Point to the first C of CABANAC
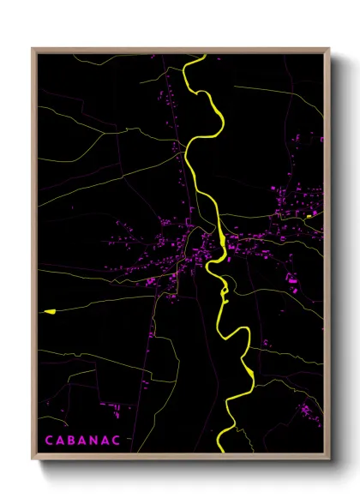coord(49,440)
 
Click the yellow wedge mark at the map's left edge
coord(47,311)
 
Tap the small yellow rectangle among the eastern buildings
coord(309,217)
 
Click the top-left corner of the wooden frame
coord(33,49)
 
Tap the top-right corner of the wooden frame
coord(329,49)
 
